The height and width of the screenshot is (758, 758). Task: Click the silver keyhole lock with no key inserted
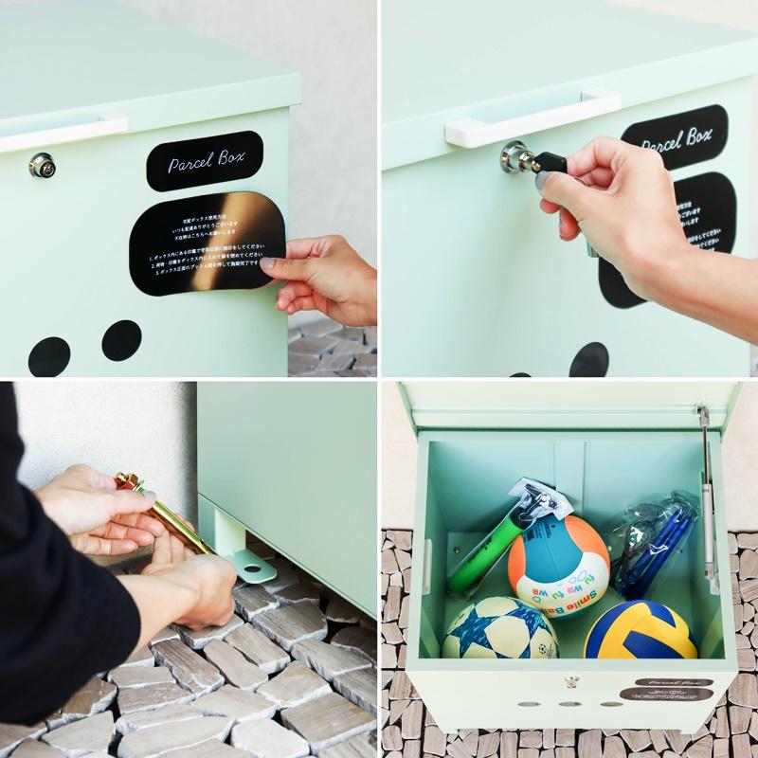click(42, 166)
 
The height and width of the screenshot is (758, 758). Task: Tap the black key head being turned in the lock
click(549, 162)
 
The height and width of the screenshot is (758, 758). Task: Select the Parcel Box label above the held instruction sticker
click(205, 160)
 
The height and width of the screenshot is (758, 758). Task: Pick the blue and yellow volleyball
click(641, 630)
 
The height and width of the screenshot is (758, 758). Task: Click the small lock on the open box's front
click(570, 681)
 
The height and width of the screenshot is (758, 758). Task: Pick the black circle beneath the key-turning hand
click(589, 361)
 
